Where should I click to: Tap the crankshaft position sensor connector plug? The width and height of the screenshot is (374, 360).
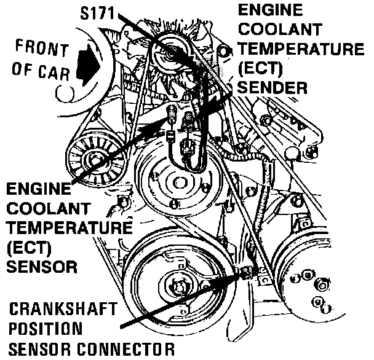246,272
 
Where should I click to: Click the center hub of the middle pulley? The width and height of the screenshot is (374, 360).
175,183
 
